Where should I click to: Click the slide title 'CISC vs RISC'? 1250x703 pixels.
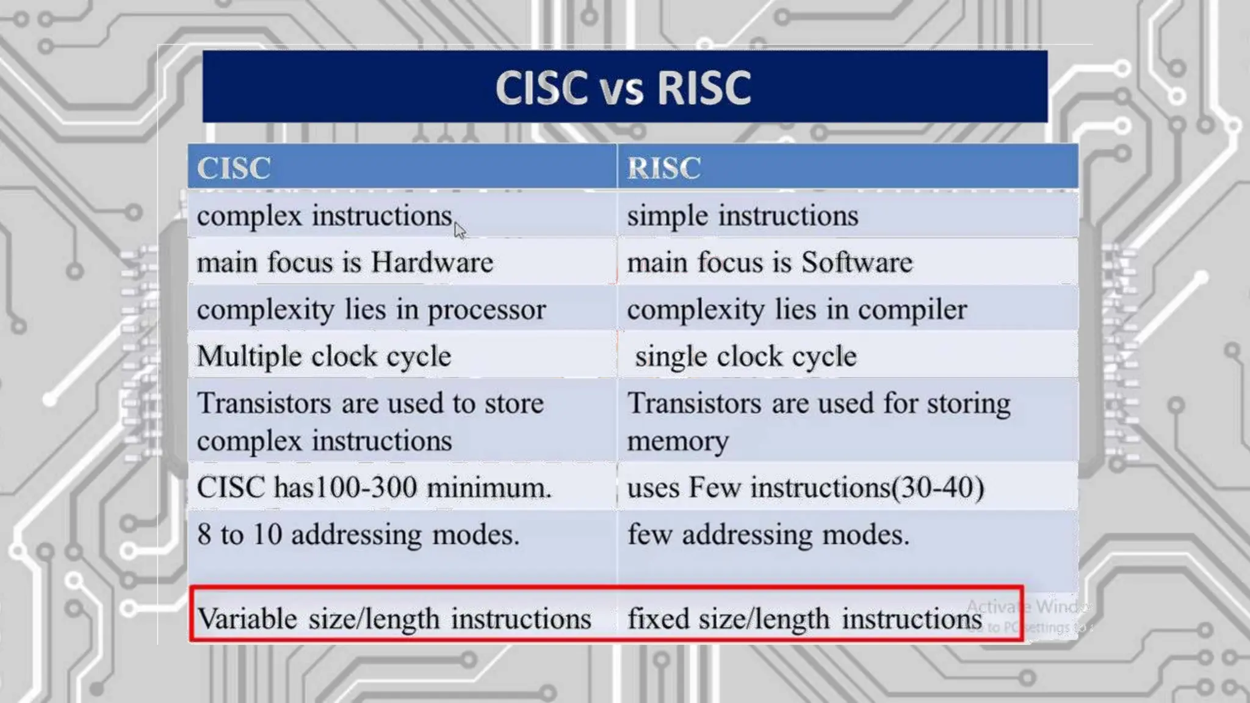point(623,87)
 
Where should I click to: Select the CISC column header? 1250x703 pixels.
point(233,168)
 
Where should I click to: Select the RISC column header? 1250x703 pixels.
point(664,168)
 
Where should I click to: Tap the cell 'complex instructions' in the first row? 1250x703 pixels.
point(324,216)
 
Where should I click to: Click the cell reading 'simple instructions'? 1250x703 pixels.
point(742,216)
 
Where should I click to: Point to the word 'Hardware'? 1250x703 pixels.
point(432,262)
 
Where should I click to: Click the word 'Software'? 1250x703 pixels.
point(857,262)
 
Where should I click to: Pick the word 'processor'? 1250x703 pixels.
point(486,310)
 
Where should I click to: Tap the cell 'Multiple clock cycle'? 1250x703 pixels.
point(324,356)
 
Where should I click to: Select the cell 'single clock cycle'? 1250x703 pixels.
point(745,356)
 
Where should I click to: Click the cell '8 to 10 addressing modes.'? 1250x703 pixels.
point(358,535)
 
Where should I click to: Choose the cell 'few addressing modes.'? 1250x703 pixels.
point(768,535)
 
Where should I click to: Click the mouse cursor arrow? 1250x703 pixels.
point(460,231)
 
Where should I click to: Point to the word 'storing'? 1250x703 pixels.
point(969,404)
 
